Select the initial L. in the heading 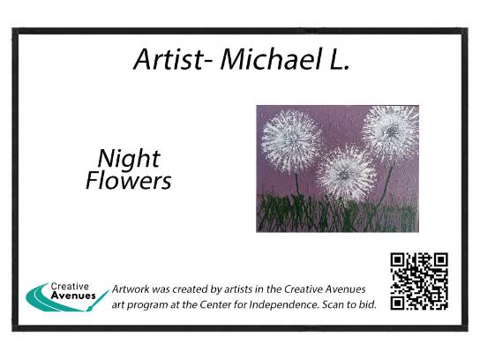339,59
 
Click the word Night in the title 129,159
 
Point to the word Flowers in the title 129,180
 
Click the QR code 419,281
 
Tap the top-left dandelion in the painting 291,141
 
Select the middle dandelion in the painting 346,174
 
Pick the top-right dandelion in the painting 391,131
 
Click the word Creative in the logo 70,286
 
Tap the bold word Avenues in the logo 73,296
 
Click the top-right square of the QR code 441,260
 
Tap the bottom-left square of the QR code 398,303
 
